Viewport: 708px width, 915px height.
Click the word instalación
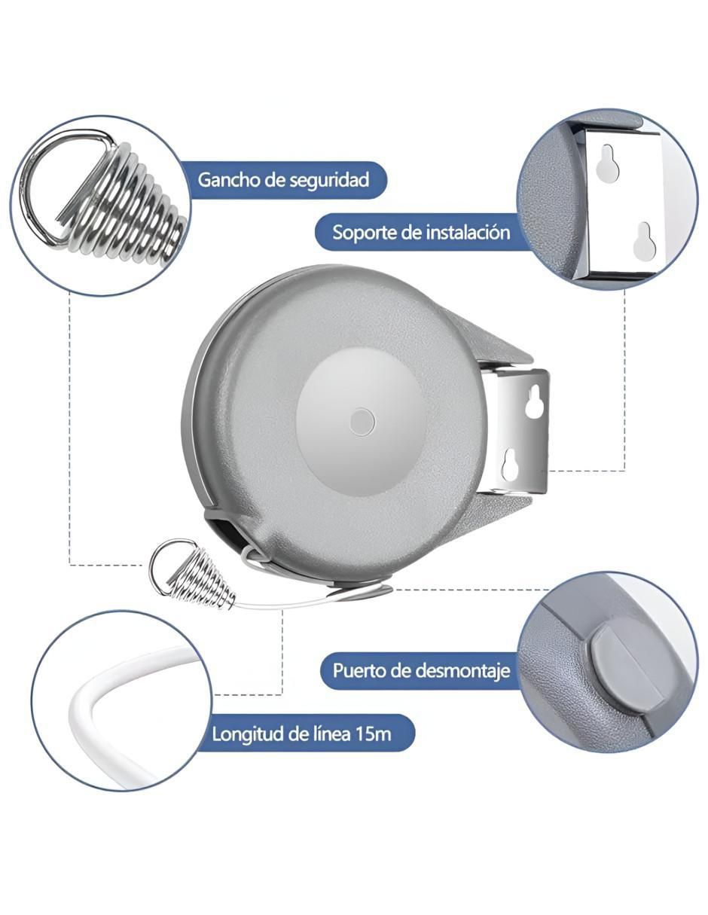[467, 232]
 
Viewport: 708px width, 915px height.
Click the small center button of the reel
[362, 422]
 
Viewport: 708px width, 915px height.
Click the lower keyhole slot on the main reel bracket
[510, 465]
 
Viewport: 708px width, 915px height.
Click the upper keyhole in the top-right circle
[606, 160]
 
